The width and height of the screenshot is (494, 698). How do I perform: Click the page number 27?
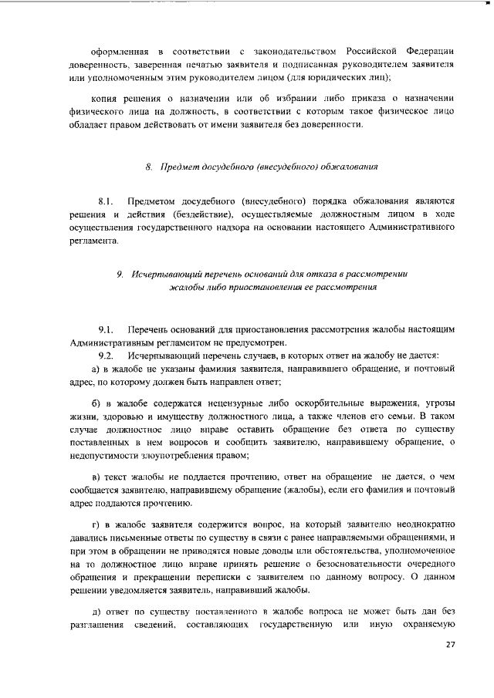(451, 644)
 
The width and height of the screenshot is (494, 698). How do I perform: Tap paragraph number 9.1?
(107, 330)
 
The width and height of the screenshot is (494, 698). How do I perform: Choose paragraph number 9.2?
(107, 356)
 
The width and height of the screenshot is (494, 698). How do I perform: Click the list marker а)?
(96, 369)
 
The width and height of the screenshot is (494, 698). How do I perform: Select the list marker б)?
(96, 403)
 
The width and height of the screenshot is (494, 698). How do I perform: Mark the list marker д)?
(96, 611)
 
